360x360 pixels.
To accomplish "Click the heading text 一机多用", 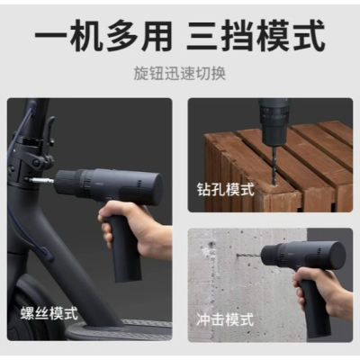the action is [x=103, y=35].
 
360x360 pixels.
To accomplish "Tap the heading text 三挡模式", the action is [x=256, y=35].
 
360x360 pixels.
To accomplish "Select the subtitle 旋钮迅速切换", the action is [x=179, y=74].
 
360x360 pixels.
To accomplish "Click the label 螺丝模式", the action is [x=49, y=313].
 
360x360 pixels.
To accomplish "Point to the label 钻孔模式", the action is [x=226, y=189].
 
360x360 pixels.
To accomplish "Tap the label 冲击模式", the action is [x=225, y=319].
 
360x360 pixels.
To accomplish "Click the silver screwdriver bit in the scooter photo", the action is [x=40, y=181].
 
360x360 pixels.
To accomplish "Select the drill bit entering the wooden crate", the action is [x=274, y=168].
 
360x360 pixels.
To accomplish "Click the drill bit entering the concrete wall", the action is [x=248, y=256].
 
